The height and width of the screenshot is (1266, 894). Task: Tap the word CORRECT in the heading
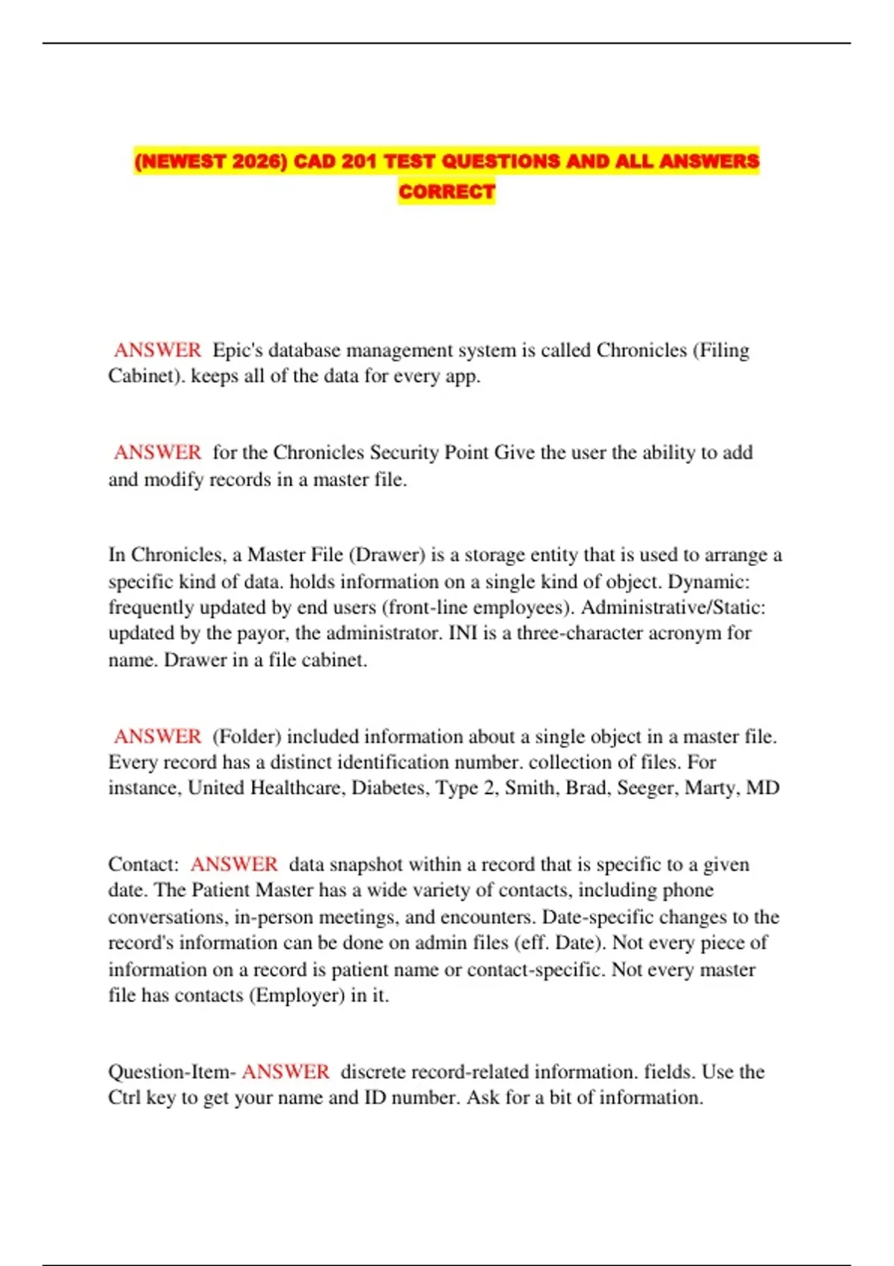pyautogui.click(x=446, y=191)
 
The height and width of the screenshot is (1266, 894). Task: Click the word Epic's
pyautogui.click(x=238, y=350)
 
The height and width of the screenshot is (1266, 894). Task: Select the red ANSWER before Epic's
pyautogui.click(x=157, y=350)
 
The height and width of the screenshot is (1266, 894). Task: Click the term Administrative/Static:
pyautogui.click(x=673, y=607)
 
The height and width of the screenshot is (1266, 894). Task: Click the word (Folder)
pyautogui.click(x=247, y=737)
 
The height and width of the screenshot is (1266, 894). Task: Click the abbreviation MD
pyautogui.click(x=762, y=788)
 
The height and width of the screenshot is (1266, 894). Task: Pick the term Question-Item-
pyautogui.click(x=172, y=1072)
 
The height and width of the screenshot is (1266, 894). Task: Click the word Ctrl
pyautogui.click(x=124, y=1098)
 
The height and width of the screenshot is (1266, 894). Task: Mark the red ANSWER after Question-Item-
pyautogui.click(x=285, y=1072)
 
